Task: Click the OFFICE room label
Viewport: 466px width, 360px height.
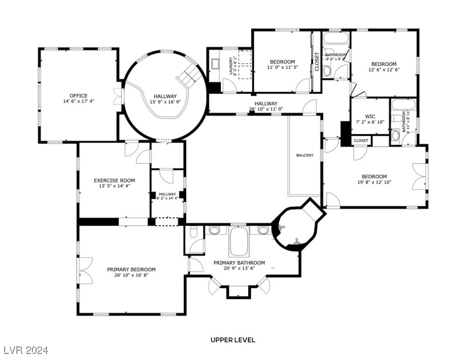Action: (x=78, y=96)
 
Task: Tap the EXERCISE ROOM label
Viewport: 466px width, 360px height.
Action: (x=114, y=180)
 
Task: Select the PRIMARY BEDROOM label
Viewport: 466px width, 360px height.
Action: (x=131, y=270)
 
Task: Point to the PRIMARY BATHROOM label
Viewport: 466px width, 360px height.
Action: (x=239, y=263)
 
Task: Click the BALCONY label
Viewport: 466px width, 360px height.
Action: (x=305, y=155)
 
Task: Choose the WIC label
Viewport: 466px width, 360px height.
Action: (x=370, y=117)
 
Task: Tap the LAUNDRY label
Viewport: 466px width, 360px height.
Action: (x=231, y=66)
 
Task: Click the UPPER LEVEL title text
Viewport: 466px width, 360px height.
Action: (x=233, y=340)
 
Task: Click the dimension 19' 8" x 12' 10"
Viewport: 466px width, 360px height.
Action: (x=374, y=182)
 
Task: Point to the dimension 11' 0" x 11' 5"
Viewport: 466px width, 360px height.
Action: (x=282, y=67)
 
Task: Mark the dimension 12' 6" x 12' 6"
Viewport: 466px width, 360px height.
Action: (x=383, y=70)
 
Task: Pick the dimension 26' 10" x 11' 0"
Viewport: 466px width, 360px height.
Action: (x=266, y=109)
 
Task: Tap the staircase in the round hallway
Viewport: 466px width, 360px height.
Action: (x=187, y=76)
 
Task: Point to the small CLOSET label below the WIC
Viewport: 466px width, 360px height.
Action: (x=361, y=140)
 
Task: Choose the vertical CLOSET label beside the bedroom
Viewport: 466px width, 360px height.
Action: (x=316, y=61)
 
